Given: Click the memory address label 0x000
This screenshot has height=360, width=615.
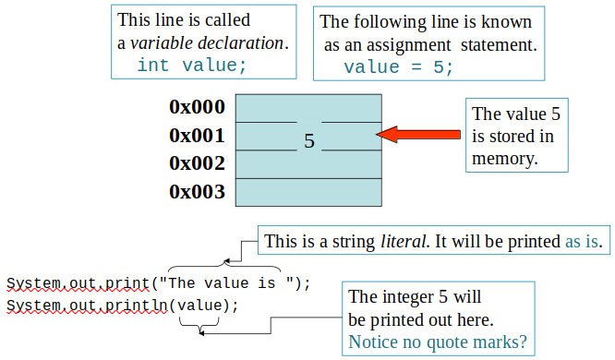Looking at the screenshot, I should coord(197,107).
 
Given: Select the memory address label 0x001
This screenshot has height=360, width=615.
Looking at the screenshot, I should coord(197,136).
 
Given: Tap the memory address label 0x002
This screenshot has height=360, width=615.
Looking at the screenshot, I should coord(197,163).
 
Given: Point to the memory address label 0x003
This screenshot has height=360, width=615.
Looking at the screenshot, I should coord(197,192).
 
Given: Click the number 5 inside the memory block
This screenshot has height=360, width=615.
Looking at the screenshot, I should coord(309,141).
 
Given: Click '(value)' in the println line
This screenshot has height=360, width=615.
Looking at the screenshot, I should coord(200,305).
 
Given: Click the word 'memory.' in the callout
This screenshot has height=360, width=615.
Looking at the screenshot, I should coord(504,158).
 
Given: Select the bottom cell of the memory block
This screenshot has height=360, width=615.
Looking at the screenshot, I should coord(308,192).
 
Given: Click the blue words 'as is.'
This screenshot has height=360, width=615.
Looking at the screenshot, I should coord(584,242).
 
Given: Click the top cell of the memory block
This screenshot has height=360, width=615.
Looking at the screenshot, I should coord(308,107).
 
